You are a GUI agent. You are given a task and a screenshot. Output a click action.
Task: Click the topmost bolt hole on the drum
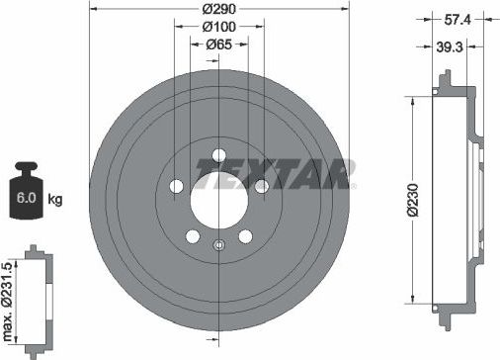pos(218,153)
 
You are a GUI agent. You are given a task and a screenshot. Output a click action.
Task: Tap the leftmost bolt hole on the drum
pos(177,186)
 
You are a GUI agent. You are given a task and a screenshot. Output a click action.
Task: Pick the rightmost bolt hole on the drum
pos(261,186)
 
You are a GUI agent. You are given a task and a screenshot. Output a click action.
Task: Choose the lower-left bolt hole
pos(193,238)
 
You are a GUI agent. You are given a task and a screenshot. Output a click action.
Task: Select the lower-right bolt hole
pos(244,238)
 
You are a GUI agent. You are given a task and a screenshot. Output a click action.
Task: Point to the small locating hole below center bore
pos(218,245)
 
